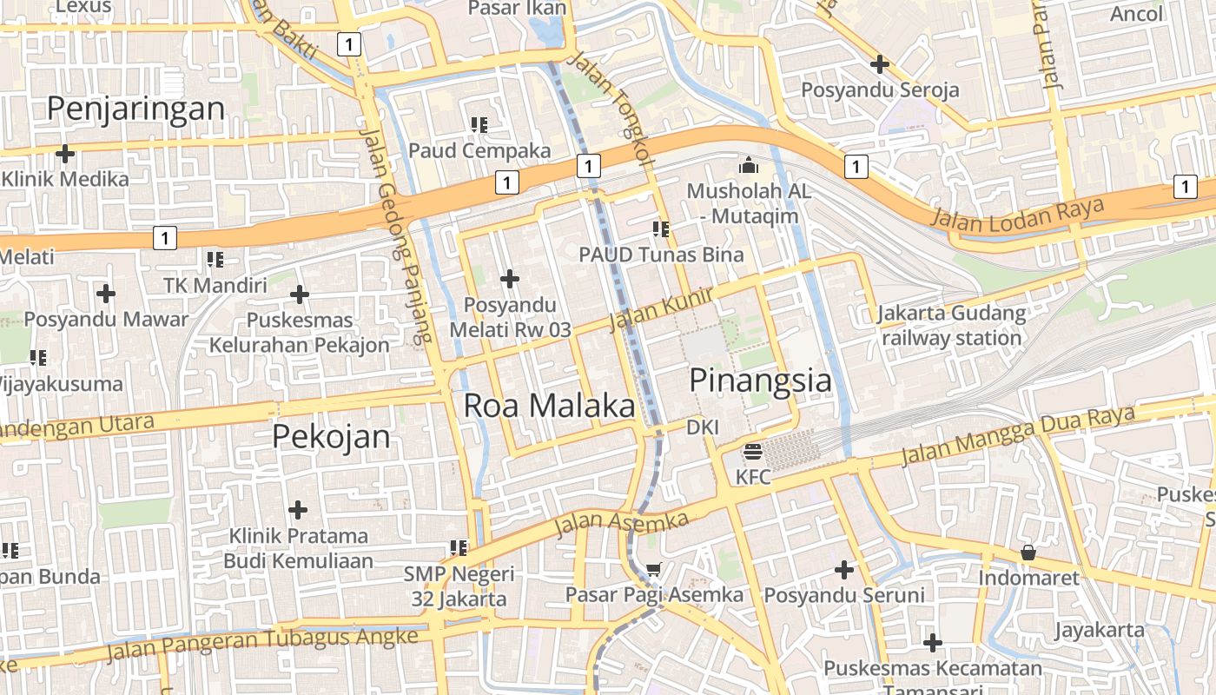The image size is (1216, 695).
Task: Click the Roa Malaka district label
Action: click(549, 406)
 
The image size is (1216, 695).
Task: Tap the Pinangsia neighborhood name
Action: click(760, 381)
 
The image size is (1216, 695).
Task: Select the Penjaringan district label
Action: click(135, 109)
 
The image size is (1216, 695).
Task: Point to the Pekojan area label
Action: click(331, 436)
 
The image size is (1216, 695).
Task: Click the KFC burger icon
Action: click(752, 452)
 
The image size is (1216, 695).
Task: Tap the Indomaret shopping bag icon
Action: click(1028, 553)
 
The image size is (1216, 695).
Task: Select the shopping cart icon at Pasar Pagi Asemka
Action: click(653, 570)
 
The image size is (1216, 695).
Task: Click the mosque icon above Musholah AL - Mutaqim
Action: click(748, 164)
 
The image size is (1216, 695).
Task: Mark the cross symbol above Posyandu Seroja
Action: click(880, 63)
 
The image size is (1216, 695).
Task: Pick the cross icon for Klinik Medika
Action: click(64, 154)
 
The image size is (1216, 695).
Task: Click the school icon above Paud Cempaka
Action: click(479, 125)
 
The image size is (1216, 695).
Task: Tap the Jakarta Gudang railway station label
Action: click(951, 326)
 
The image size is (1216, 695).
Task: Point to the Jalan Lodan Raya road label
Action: click(1016, 212)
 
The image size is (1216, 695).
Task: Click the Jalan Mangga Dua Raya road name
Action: click(1018, 434)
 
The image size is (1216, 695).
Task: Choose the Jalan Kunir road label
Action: click(661, 309)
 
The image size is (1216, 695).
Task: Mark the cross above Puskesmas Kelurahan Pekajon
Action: click(300, 295)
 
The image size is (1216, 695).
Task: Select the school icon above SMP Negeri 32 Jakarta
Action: click(459, 548)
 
